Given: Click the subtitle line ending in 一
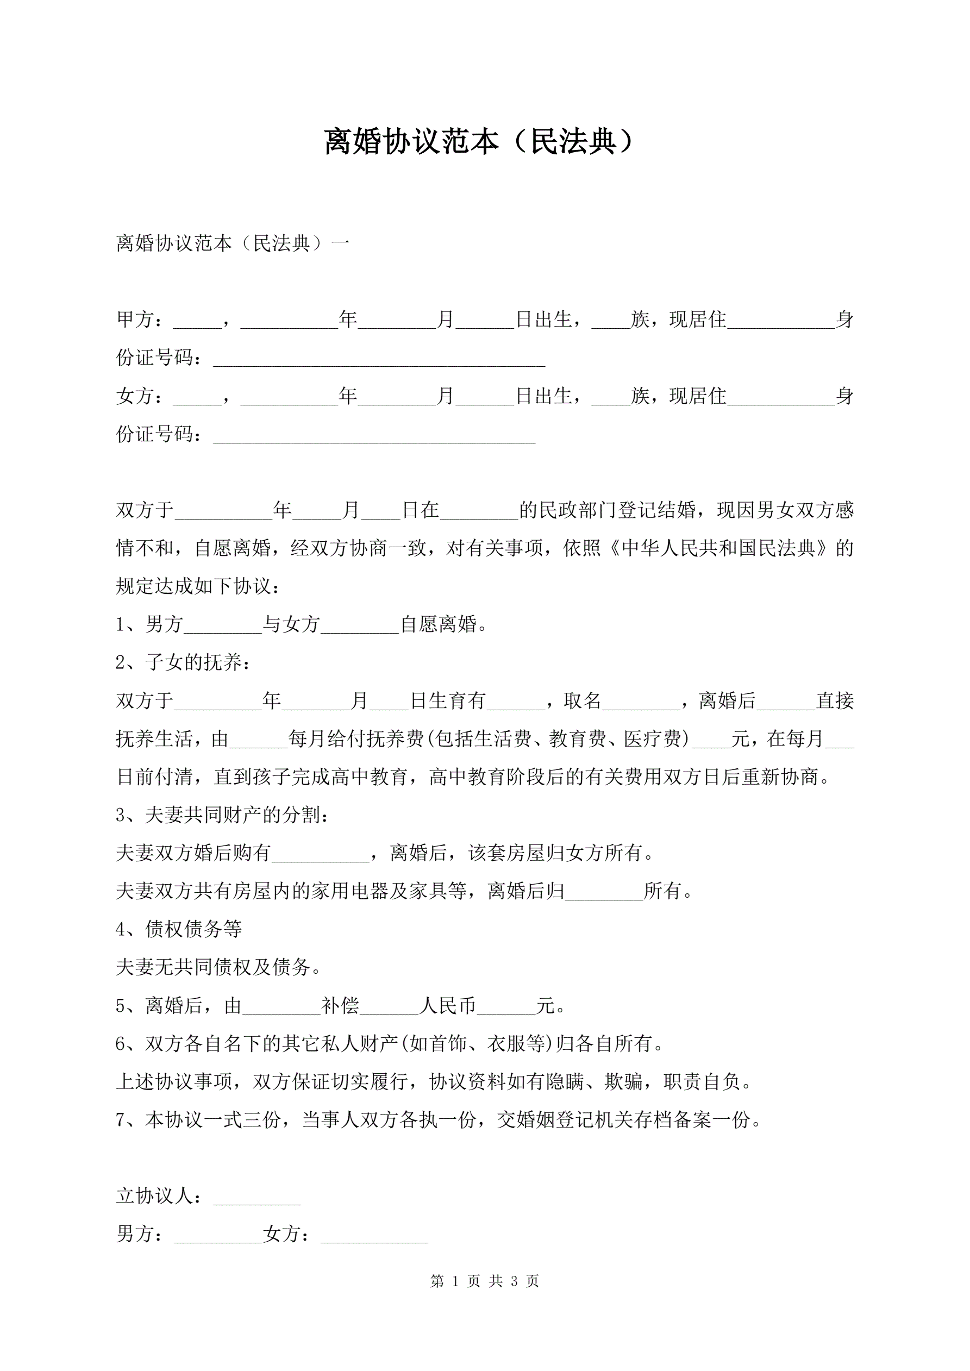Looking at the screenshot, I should click(x=233, y=243).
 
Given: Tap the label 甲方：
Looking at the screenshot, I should click(x=139, y=320).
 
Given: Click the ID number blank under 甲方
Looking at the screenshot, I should click(x=379, y=359).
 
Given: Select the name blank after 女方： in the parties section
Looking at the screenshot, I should click(x=197, y=397).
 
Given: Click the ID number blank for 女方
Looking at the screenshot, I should click(x=374, y=435).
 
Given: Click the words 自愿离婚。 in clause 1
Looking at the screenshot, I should click(x=444, y=624).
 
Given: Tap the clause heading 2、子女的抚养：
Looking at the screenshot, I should click(x=183, y=663).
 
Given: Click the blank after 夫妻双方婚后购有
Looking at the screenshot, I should click(x=320, y=854).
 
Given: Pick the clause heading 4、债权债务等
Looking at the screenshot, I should click(x=179, y=930).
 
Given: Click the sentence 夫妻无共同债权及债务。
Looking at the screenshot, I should click(x=218, y=968).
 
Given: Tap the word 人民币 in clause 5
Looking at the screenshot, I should click(x=447, y=1006).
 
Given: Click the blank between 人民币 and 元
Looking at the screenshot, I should click(x=506, y=1006).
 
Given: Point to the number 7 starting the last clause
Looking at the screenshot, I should click(x=120, y=1120).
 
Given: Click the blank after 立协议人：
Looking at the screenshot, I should click(x=257, y=1197).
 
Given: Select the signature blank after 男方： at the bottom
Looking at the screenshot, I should click(x=217, y=1235).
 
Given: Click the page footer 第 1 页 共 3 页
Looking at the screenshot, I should click(x=484, y=1281).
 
